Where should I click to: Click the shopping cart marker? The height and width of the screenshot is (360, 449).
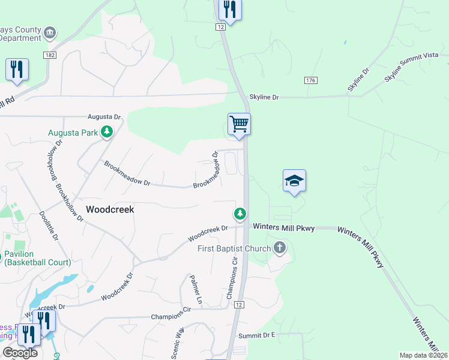coord(239,125)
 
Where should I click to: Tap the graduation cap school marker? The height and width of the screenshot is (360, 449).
coord(294,181)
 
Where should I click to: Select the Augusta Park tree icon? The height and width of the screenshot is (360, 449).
coord(107,131)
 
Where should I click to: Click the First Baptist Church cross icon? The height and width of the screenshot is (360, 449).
coord(279,247)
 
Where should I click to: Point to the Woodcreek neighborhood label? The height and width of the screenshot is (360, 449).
coord(110,210)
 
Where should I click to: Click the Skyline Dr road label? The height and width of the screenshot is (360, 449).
coord(264,97)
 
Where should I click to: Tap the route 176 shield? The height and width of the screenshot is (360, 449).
coord(310,80)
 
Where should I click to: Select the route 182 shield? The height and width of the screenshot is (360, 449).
coord(50,55)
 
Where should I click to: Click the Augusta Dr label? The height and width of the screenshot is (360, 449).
coord(104,116)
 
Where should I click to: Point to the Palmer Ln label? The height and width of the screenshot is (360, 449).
coord(195,288)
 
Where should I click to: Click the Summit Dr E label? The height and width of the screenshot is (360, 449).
coord(256,335)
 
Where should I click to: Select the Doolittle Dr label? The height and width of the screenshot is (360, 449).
coord(49,226)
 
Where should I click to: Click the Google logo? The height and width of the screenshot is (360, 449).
coord(19,353)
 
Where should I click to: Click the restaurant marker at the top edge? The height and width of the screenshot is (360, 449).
coord(229,10)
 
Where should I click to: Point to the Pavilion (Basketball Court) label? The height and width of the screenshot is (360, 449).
coord(37,258)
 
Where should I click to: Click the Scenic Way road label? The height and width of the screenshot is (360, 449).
coord(179,342)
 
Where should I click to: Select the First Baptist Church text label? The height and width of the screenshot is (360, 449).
coord(234,248)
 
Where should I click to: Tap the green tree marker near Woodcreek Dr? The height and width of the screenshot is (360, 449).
coord(240,214)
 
